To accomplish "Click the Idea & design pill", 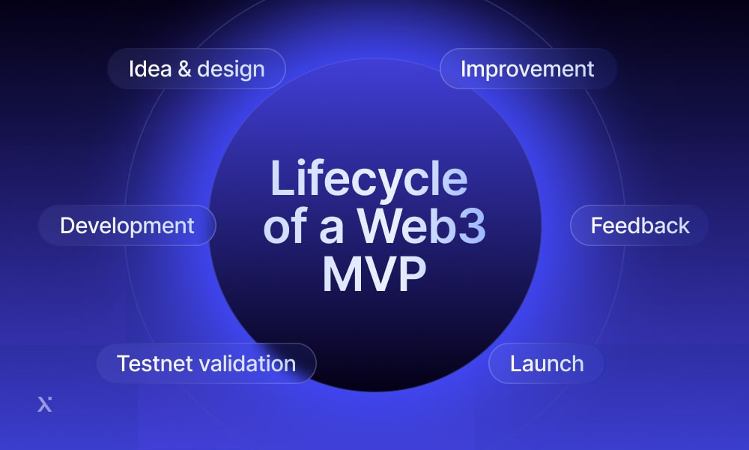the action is [x=196, y=68].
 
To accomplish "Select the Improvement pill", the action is [x=528, y=68].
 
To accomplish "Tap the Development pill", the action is [x=127, y=225].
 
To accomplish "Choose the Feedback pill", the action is [x=639, y=225].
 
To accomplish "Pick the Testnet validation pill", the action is [x=207, y=363].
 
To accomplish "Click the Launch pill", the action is [x=547, y=363].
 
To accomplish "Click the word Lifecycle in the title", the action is [x=369, y=178].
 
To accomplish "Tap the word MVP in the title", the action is [x=374, y=274].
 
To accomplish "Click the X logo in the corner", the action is [x=44, y=404].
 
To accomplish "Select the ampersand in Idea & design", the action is [x=184, y=69].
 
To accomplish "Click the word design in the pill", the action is [x=231, y=70].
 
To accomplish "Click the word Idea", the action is [x=150, y=69].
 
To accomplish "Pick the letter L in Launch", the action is [x=516, y=364].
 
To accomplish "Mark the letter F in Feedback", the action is [x=597, y=226].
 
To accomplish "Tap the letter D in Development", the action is [x=68, y=226].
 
